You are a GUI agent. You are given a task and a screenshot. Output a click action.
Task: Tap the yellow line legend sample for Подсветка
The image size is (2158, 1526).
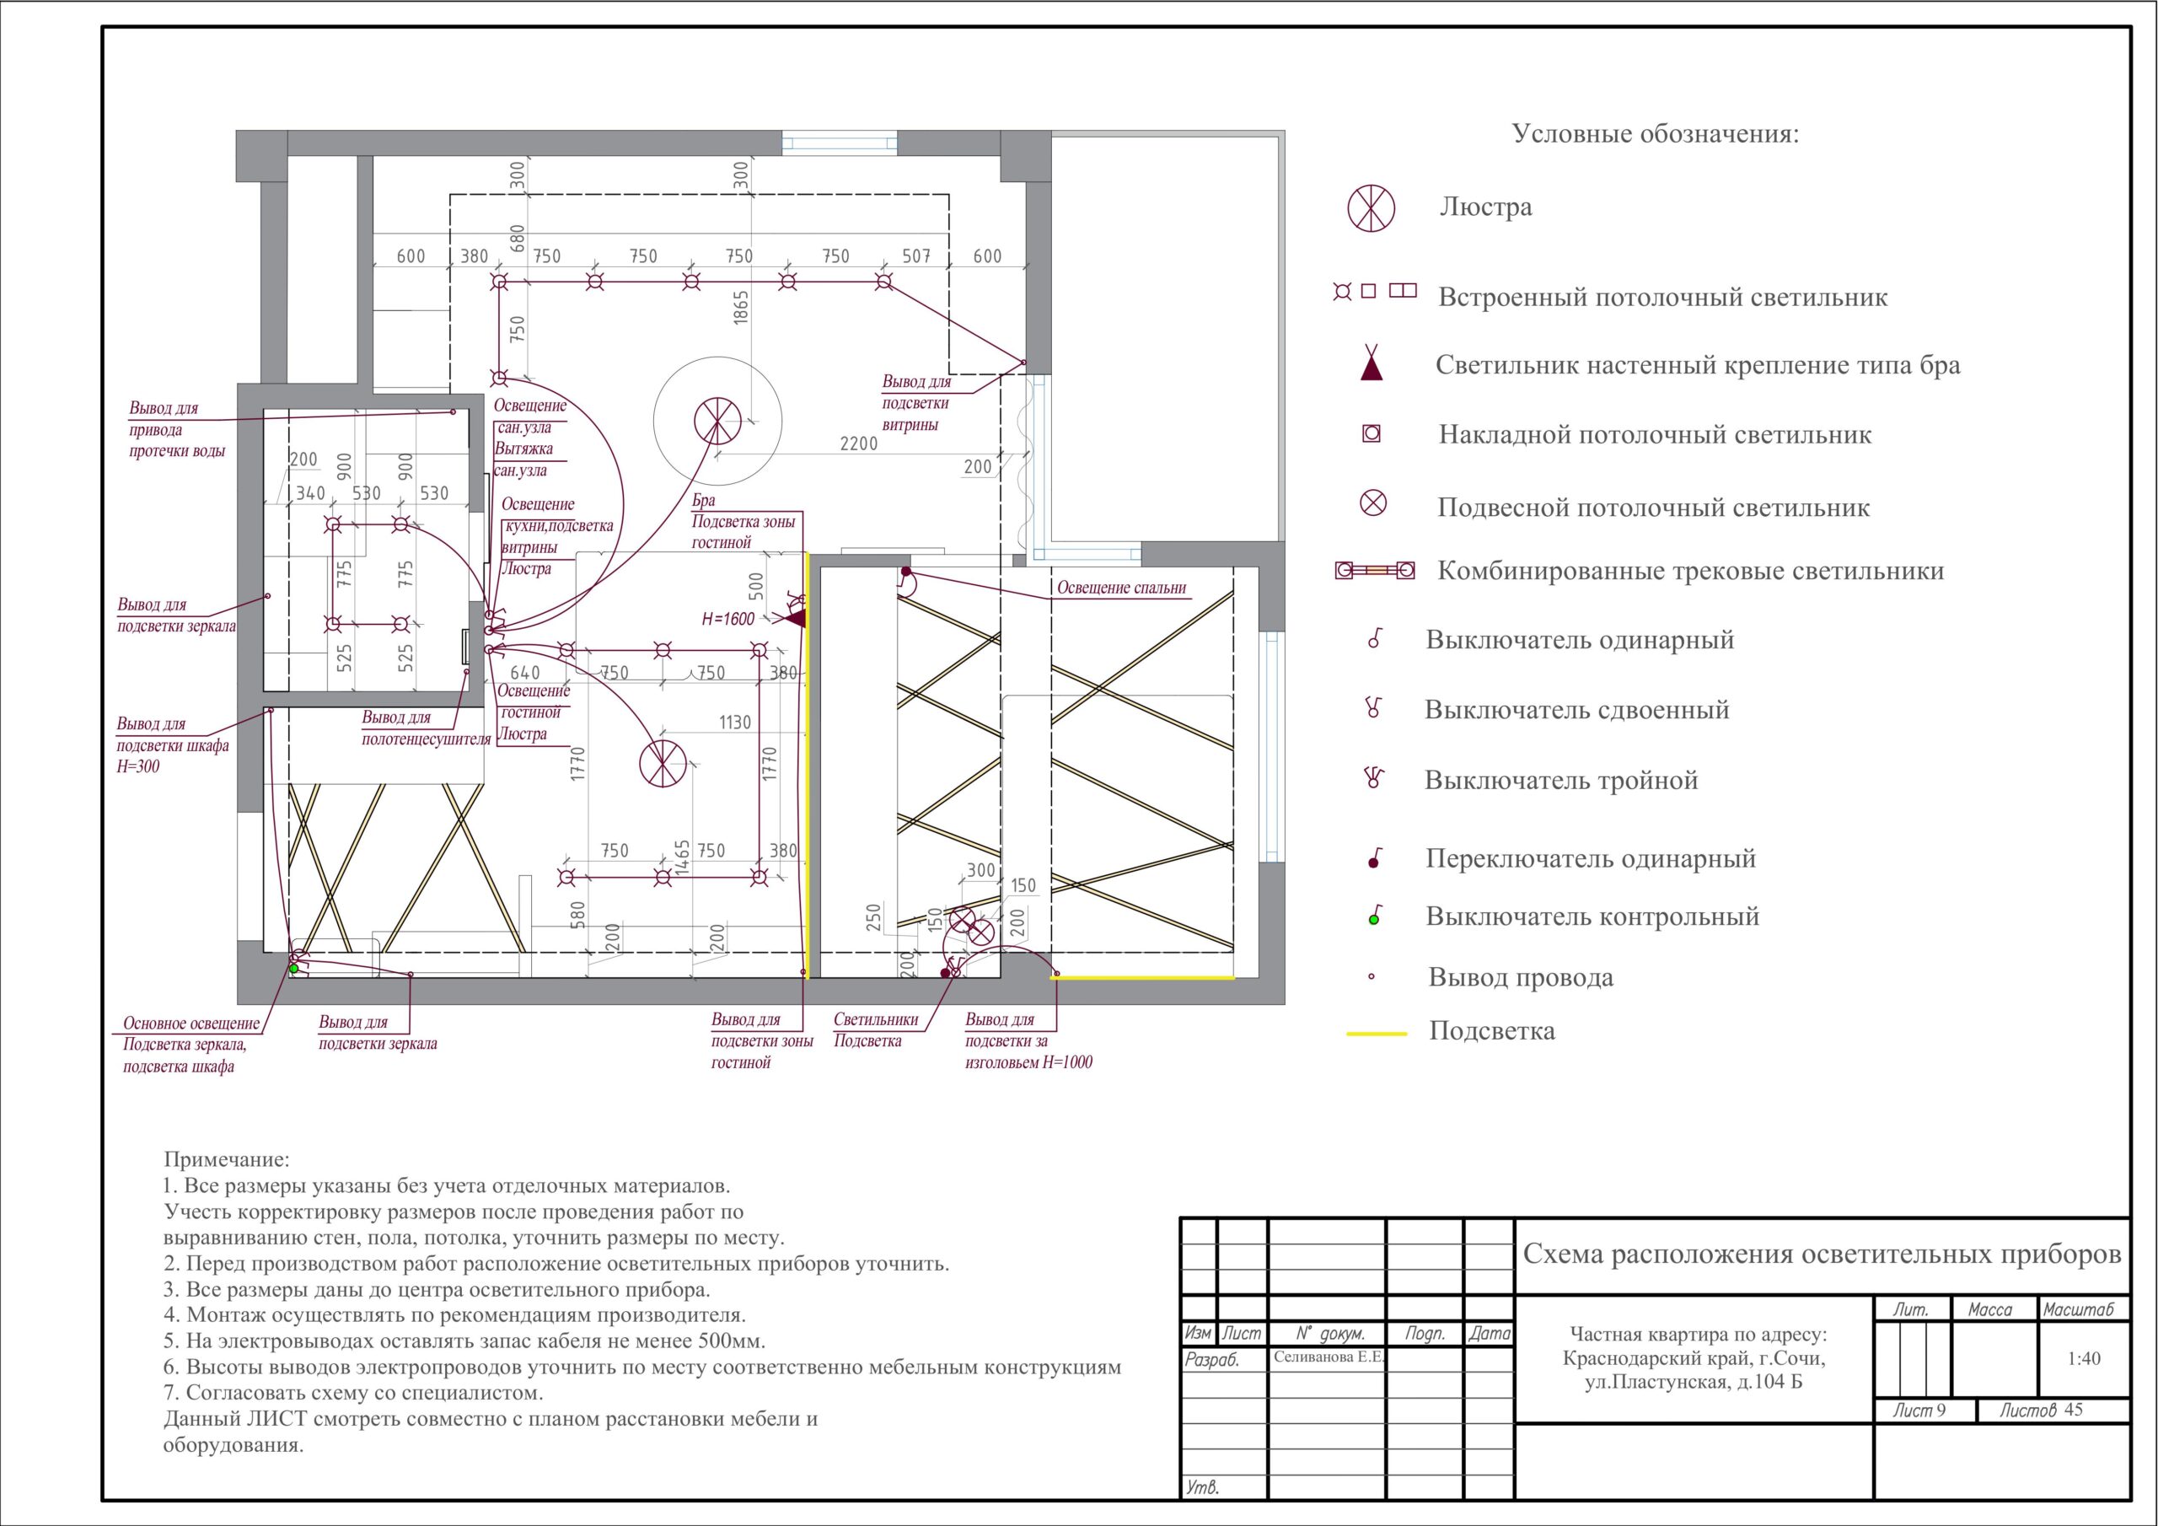coord(1377,1034)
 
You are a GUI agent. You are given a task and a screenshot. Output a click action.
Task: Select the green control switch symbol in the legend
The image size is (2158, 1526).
coord(1374,916)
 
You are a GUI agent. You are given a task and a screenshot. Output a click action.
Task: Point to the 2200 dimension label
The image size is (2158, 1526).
coord(859,443)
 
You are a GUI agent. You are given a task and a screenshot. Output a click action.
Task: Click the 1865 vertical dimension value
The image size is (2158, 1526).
coord(741,309)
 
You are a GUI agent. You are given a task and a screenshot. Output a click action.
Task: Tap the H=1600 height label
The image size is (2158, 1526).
coord(728,620)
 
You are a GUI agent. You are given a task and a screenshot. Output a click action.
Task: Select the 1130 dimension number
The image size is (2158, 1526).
coord(735,722)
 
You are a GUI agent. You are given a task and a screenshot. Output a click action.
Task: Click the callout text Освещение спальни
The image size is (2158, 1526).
coord(1121,588)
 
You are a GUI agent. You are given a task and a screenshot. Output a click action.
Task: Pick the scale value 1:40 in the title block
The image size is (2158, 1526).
coord(2084,1358)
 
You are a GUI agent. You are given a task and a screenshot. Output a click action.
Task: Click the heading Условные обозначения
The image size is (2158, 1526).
coord(1655,134)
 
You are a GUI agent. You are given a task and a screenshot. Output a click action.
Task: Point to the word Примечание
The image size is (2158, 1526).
coord(227,1161)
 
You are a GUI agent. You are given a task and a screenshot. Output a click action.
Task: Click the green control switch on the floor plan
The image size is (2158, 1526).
coord(293,968)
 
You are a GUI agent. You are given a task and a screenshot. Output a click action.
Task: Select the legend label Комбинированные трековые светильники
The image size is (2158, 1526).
coord(1691,571)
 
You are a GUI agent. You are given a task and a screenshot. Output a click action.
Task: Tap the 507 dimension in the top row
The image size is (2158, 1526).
coord(915,255)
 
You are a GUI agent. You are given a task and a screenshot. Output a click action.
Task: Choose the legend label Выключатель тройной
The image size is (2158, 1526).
coord(1561,781)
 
